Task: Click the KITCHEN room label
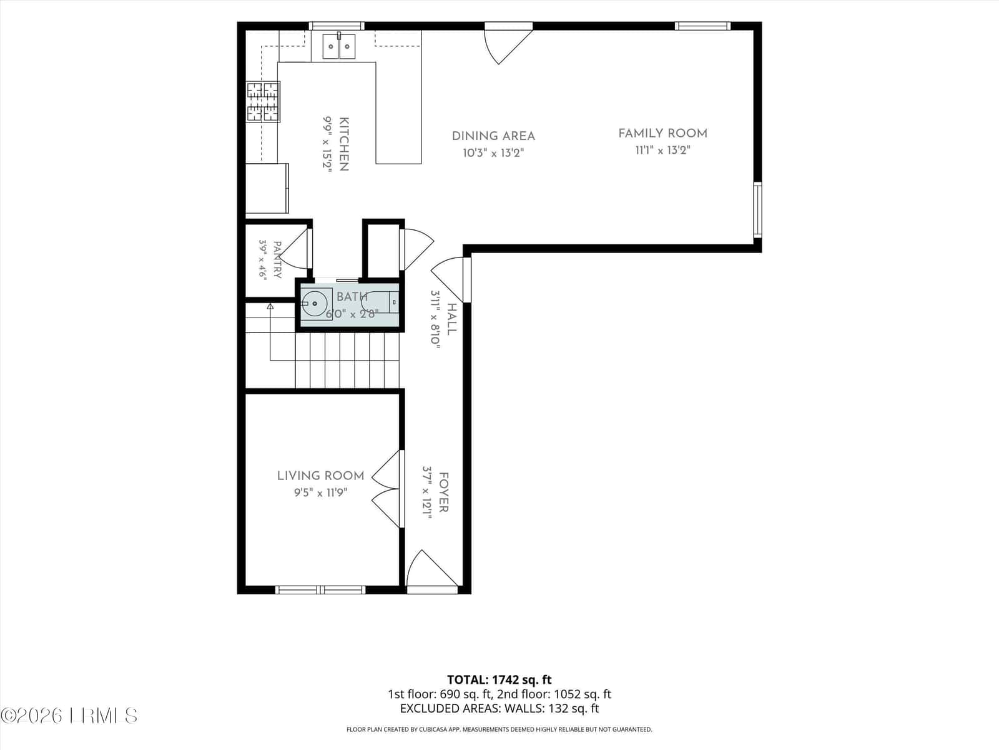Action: (x=344, y=144)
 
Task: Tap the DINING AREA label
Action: (x=493, y=136)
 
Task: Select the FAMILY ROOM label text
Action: (x=662, y=134)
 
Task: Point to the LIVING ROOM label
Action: (x=321, y=476)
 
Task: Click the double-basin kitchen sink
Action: (x=339, y=46)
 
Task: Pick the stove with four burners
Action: (x=263, y=102)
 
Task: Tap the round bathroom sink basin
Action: (x=315, y=303)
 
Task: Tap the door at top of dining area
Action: (x=508, y=44)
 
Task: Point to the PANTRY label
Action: (x=277, y=259)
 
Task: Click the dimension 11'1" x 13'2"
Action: (x=662, y=150)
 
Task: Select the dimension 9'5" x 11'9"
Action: (x=321, y=492)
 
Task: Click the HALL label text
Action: (x=452, y=319)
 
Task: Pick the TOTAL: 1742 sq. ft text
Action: (x=499, y=680)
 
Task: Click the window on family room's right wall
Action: (x=757, y=210)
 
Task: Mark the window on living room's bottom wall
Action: (x=320, y=590)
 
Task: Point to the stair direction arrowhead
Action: (x=270, y=306)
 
